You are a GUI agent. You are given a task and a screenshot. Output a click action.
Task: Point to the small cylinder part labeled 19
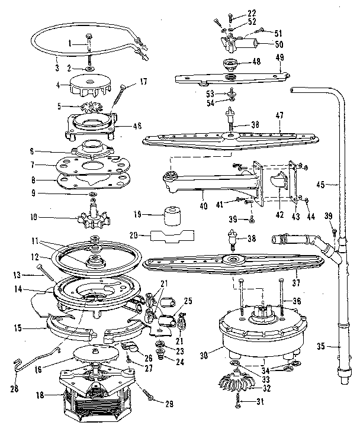pos(172,216)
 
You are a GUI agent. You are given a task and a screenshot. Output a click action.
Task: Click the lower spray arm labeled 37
pos(237,264)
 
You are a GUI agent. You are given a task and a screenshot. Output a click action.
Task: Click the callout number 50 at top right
pos(277,44)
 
